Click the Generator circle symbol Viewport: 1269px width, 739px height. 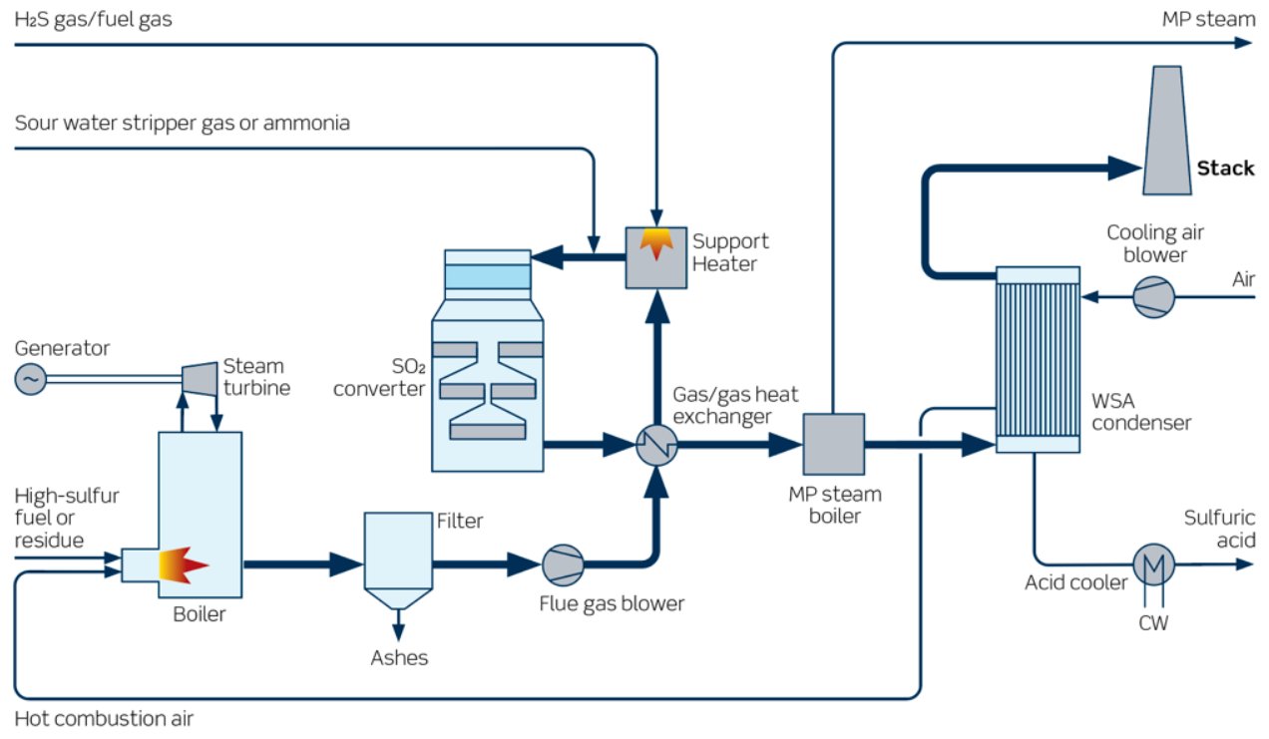31,379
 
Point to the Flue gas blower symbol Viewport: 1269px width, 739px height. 562,565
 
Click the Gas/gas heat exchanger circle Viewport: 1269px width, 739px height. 656,445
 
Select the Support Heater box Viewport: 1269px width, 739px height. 655,257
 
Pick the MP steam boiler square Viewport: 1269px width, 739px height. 834,445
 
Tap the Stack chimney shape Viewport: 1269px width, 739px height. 1166,130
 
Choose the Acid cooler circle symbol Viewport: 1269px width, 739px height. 1154,564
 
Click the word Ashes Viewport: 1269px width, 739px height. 399,657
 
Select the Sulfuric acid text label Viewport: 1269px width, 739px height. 1219,529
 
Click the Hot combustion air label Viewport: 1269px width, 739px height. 104,718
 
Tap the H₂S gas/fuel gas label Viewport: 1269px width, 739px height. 94,18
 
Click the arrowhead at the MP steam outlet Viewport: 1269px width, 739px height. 1244,43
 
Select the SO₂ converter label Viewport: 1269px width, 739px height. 379,376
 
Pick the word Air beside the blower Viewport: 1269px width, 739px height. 1243,279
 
